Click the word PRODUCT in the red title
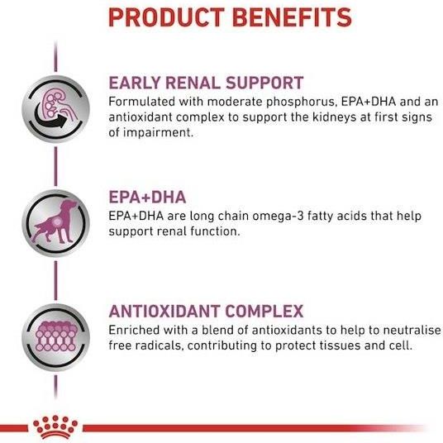[x=166, y=17]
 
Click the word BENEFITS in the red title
[x=292, y=17]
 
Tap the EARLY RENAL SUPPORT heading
[x=206, y=83]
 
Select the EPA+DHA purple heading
[x=147, y=198]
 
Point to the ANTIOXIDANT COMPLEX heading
[x=206, y=312]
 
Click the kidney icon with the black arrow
[x=55, y=109]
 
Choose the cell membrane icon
[x=55, y=337]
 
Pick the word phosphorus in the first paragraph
[x=302, y=102]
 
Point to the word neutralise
[x=412, y=331]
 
